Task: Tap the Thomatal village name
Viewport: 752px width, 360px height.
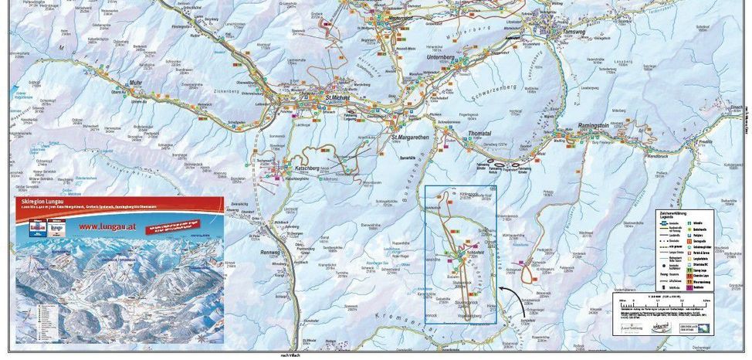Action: pyautogui.click(x=479, y=134)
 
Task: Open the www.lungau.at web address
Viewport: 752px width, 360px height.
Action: pyautogui.click(x=106, y=227)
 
